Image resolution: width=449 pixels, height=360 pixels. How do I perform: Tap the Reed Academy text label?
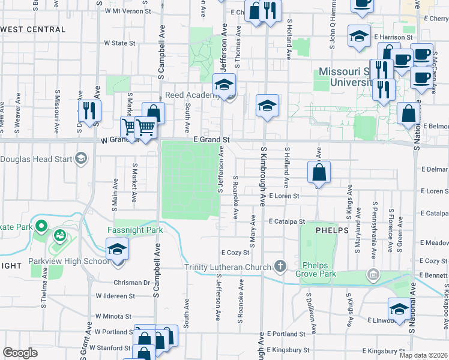[190, 95]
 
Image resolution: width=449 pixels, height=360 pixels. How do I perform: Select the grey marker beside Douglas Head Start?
[80, 159]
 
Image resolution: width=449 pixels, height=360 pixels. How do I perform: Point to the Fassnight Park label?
[135, 230]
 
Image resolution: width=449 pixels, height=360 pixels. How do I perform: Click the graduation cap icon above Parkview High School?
[118, 249]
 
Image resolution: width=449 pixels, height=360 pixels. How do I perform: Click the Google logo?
[20, 353]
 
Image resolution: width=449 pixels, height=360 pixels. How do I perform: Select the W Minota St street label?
[113, 316]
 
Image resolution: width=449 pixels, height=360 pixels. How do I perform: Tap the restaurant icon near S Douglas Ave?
[89, 110]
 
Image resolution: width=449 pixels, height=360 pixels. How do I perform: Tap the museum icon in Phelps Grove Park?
[373, 275]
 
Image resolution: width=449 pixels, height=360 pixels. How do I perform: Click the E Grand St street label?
[212, 139]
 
